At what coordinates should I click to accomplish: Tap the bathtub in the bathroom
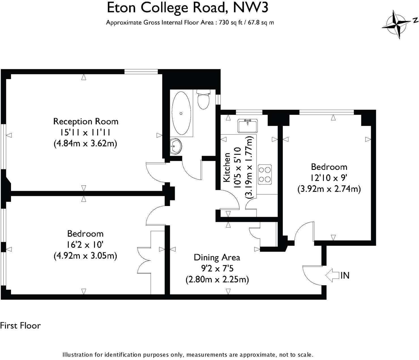(x=181, y=113)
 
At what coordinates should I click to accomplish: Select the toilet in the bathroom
(x=203, y=100)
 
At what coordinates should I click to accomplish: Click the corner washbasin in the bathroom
(x=176, y=146)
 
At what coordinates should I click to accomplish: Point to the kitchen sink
(x=248, y=126)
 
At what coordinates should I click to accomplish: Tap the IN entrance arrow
(x=332, y=275)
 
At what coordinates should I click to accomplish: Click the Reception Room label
(x=86, y=121)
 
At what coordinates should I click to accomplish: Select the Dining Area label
(x=217, y=258)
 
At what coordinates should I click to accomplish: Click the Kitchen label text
(x=227, y=168)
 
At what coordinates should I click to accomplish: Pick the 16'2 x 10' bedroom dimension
(x=85, y=245)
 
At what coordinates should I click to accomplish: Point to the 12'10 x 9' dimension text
(x=329, y=178)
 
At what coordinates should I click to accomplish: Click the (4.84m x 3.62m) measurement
(x=85, y=143)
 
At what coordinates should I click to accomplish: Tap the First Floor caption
(x=20, y=326)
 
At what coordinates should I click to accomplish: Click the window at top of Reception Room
(x=141, y=72)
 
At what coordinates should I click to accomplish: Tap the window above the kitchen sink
(x=249, y=112)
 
